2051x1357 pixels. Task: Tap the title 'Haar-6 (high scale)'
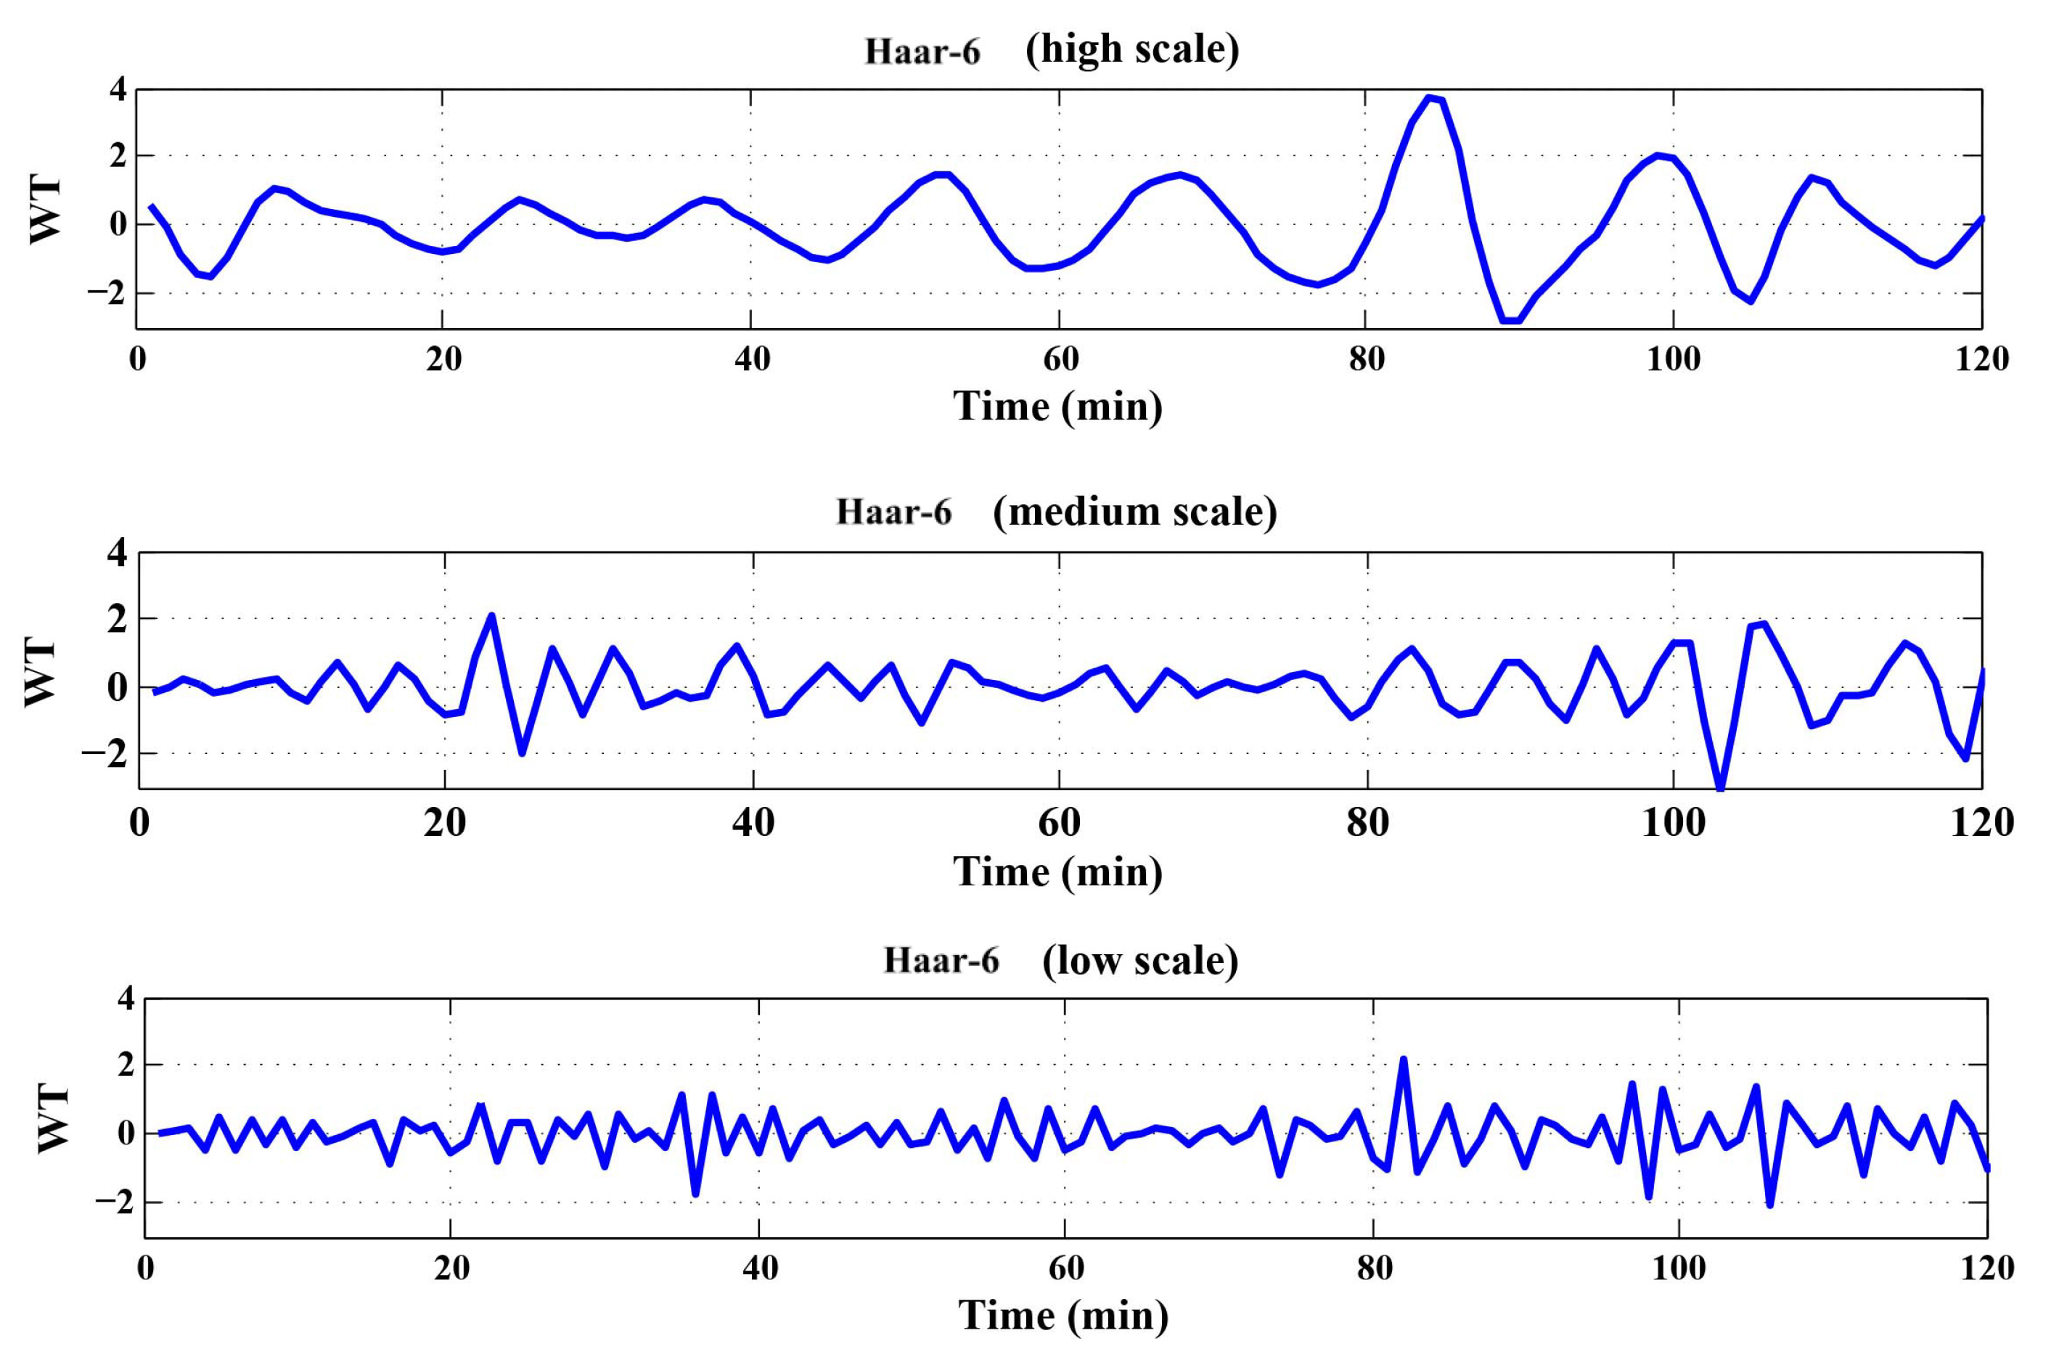pos(1052,50)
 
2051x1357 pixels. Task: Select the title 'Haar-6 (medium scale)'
pos(1056,512)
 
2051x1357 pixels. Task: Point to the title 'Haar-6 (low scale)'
pos(1060,960)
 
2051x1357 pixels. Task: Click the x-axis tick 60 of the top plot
pos(1060,358)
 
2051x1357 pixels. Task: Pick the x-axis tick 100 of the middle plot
pos(1673,821)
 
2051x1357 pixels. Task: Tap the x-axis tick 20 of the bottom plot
pos(450,1268)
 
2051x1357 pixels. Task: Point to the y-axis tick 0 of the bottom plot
pos(126,1133)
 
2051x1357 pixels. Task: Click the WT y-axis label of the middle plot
pos(40,673)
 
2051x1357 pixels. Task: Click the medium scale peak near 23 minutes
pos(491,616)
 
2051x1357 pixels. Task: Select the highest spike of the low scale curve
pos(1403,1059)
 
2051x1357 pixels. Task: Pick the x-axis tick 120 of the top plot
pos(1981,358)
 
